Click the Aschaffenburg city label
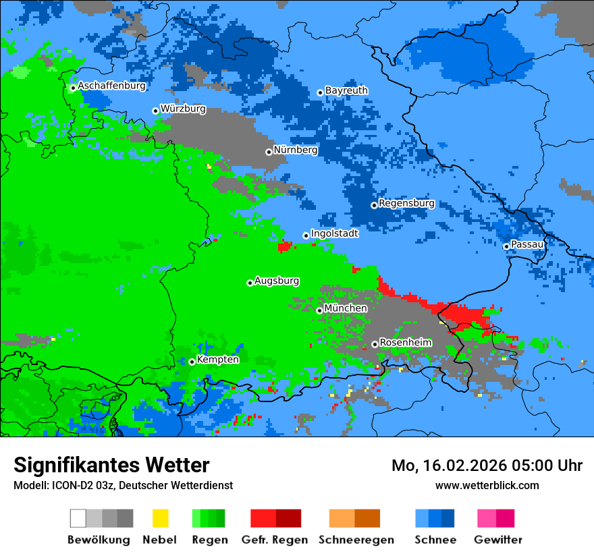click(111, 86)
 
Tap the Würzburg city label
click(183, 109)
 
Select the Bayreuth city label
click(346, 90)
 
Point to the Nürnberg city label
click(295, 150)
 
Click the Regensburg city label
click(406, 204)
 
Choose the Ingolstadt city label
click(334, 234)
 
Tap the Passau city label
click(527, 244)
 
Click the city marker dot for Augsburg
click(250, 283)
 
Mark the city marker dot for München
click(319, 310)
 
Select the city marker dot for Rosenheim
click(375, 344)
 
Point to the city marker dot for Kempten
click(192, 362)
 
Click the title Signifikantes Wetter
click(111, 465)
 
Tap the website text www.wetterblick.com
click(487, 485)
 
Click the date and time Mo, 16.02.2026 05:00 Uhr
click(487, 466)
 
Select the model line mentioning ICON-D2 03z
click(123, 485)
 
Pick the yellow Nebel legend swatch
click(160, 518)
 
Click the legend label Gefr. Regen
click(275, 540)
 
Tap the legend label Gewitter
click(497, 540)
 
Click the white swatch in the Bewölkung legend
click(78, 518)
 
